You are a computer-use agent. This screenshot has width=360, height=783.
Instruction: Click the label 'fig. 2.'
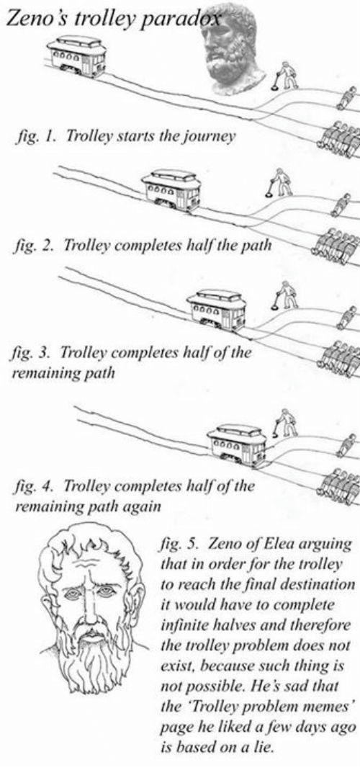[x=37, y=245]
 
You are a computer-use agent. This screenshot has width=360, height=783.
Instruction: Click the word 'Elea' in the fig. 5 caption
[x=281, y=544]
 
